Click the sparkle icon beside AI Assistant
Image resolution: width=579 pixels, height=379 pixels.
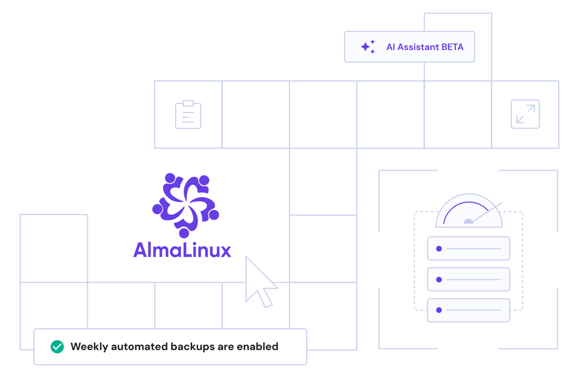click(368, 47)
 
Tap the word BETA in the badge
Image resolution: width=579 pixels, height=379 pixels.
click(453, 47)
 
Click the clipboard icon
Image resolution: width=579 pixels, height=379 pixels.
click(188, 115)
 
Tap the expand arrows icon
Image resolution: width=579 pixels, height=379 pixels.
click(525, 114)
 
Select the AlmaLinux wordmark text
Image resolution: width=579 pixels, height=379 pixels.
click(183, 250)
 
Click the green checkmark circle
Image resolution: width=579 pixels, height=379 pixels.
click(57, 346)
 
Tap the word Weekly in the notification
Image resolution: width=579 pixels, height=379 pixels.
click(89, 346)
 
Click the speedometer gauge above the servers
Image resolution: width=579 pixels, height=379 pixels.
click(469, 211)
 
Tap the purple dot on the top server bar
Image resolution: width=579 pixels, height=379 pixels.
click(439, 249)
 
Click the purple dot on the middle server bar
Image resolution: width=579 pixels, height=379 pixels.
click(439, 279)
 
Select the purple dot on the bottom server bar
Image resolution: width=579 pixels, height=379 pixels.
click(439, 310)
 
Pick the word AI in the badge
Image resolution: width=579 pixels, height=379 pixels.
click(390, 47)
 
